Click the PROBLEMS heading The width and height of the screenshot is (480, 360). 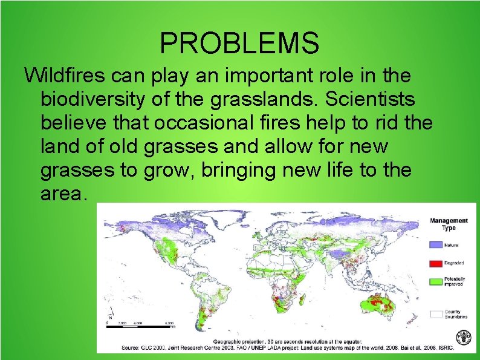(x=239, y=43)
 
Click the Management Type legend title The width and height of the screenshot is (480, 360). (x=449, y=224)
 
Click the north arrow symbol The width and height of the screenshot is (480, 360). (x=110, y=315)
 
